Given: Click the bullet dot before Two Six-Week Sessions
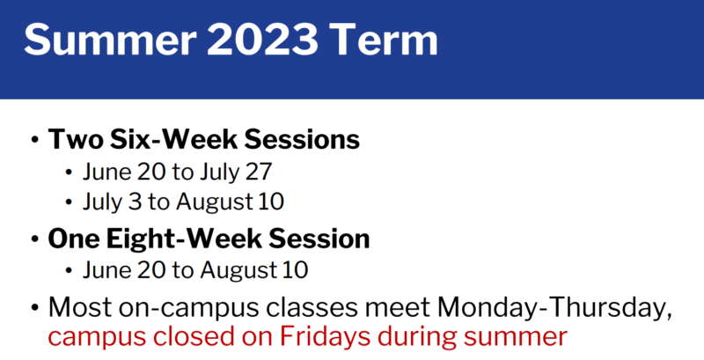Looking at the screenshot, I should [x=35, y=141].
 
